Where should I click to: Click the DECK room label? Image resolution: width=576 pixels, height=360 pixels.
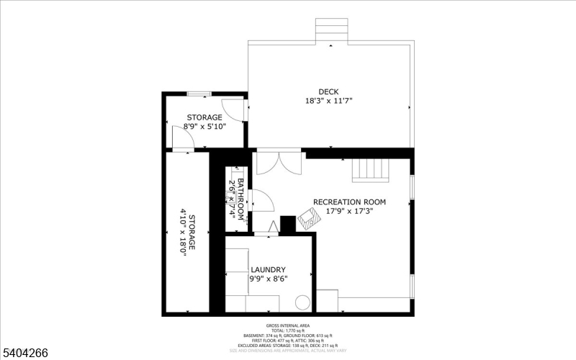[329, 91]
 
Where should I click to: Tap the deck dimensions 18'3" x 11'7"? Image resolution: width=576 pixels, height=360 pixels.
[329, 101]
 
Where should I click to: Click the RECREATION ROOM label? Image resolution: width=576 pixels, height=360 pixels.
[349, 202]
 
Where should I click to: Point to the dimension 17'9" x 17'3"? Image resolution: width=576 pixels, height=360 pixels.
[349, 212]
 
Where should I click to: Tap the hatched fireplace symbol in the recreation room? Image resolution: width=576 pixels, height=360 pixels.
[307, 217]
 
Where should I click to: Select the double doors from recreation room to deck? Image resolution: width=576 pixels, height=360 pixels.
[278, 162]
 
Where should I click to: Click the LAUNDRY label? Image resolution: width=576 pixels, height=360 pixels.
[268, 269]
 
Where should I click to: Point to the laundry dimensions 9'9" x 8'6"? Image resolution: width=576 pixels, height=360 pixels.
[268, 279]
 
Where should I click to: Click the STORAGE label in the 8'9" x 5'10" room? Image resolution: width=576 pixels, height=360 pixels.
[204, 117]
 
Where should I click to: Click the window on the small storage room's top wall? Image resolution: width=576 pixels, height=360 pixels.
[199, 93]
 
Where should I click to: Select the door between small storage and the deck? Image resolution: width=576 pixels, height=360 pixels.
[235, 109]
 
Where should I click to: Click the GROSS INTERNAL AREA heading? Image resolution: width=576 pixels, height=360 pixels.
[287, 325]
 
